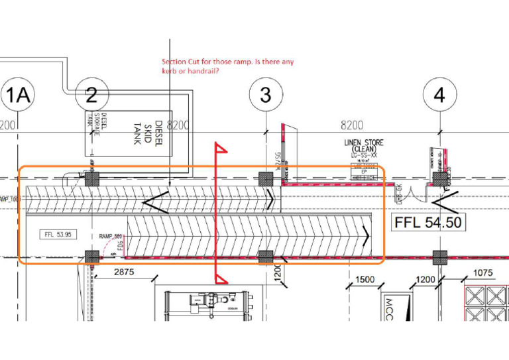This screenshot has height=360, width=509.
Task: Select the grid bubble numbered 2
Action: [x=91, y=95]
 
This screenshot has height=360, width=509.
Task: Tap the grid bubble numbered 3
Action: [x=266, y=95]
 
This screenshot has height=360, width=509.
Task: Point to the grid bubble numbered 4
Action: [x=439, y=95]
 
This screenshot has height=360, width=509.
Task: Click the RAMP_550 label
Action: [x=111, y=237]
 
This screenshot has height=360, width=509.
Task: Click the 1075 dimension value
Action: [x=483, y=272]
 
